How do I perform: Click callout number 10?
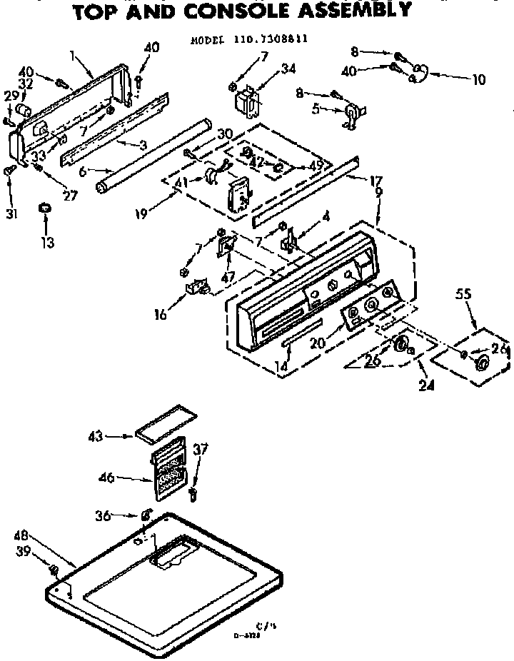pyautogui.click(x=478, y=80)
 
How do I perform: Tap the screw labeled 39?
pyautogui.click(x=54, y=569)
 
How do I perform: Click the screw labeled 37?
pyautogui.click(x=193, y=493)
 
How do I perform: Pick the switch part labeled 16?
pyautogui.click(x=197, y=288)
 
